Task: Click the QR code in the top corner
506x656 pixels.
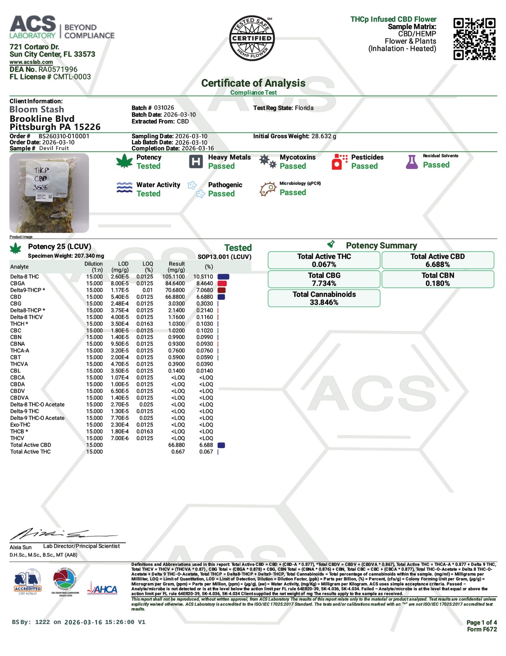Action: click(474, 39)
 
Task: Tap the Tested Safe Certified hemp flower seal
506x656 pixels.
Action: click(252, 39)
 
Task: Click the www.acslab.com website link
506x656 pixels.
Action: click(31, 62)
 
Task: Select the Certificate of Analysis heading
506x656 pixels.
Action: click(253, 83)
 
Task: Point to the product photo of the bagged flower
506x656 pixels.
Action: click(49, 193)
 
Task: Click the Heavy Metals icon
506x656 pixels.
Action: click(196, 162)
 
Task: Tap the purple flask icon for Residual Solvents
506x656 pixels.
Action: click(412, 162)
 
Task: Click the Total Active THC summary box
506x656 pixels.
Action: click(324, 260)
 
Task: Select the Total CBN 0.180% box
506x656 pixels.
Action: click(438, 279)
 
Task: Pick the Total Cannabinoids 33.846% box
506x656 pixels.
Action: click(324, 298)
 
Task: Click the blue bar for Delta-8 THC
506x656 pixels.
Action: click(223, 277)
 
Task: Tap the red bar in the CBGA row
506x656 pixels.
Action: click(222, 283)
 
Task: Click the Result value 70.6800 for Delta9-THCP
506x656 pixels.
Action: click(175, 290)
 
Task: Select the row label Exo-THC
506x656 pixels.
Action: click(20, 425)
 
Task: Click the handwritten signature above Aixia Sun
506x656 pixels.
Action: click(61, 534)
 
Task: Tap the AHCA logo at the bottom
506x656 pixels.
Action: click(102, 590)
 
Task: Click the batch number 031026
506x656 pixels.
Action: click(164, 108)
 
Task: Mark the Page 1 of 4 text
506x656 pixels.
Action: click(481, 622)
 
